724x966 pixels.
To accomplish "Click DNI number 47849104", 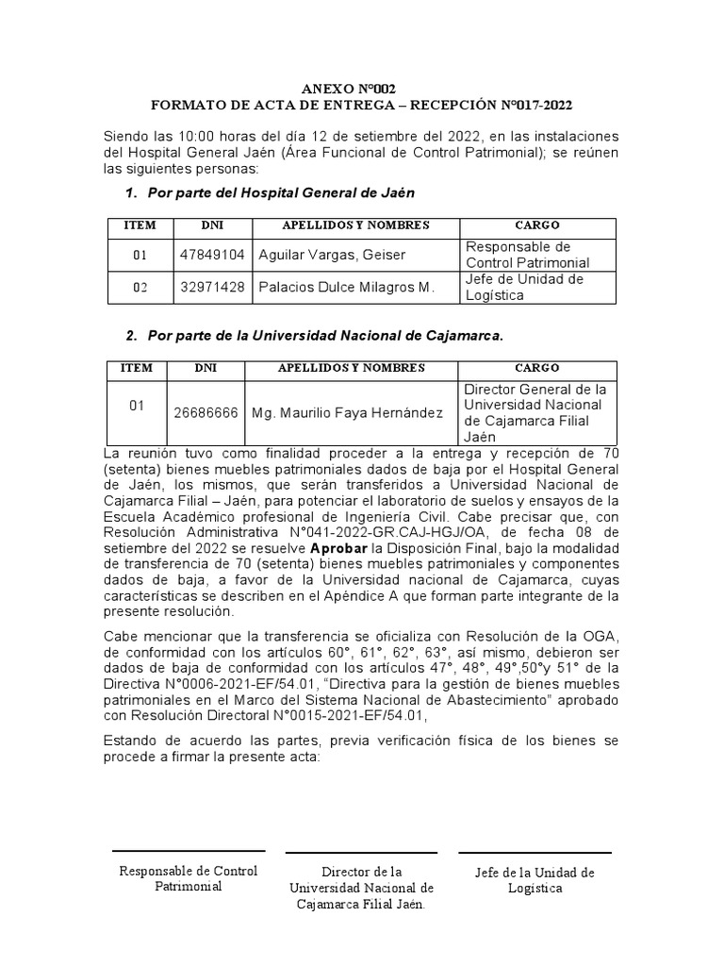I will coord(212,256).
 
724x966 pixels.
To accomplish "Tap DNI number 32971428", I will coord(212,288).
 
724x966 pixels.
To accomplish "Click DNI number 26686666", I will coord(212,413).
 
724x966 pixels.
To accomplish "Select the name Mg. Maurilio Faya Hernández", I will coord(346,413).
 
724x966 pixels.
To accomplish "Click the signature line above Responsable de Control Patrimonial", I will coord(189,851).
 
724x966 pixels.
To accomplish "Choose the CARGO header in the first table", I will coord(537,226).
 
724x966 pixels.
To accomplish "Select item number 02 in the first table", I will coord(140,288).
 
